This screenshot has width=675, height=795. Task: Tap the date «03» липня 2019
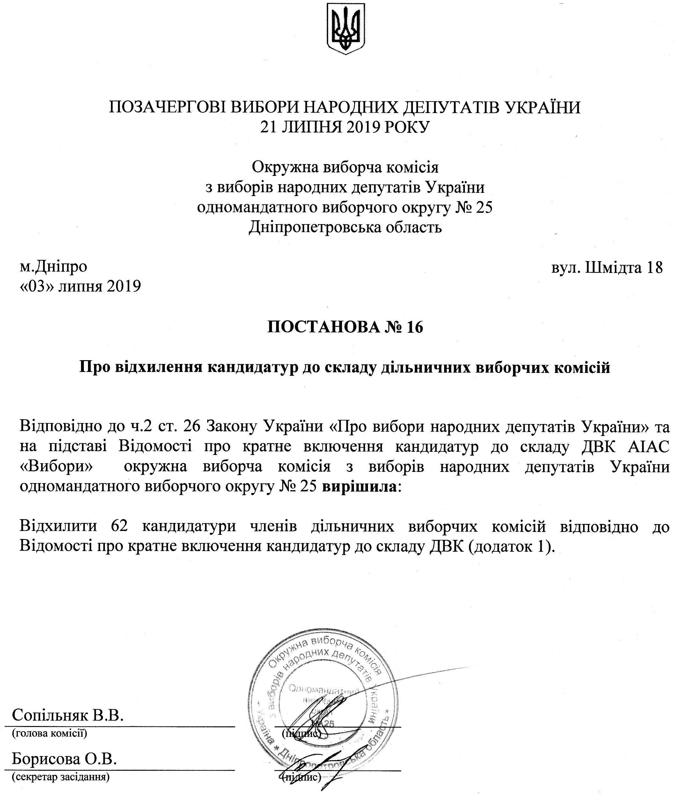80,286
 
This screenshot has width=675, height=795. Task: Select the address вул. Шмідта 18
607,268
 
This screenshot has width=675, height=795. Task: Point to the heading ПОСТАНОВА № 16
345,327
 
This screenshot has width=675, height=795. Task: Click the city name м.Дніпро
54,267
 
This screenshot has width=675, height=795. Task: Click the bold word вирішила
359,487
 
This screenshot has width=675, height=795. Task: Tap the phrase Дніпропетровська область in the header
346,227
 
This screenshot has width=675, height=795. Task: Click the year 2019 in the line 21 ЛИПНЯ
364,127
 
